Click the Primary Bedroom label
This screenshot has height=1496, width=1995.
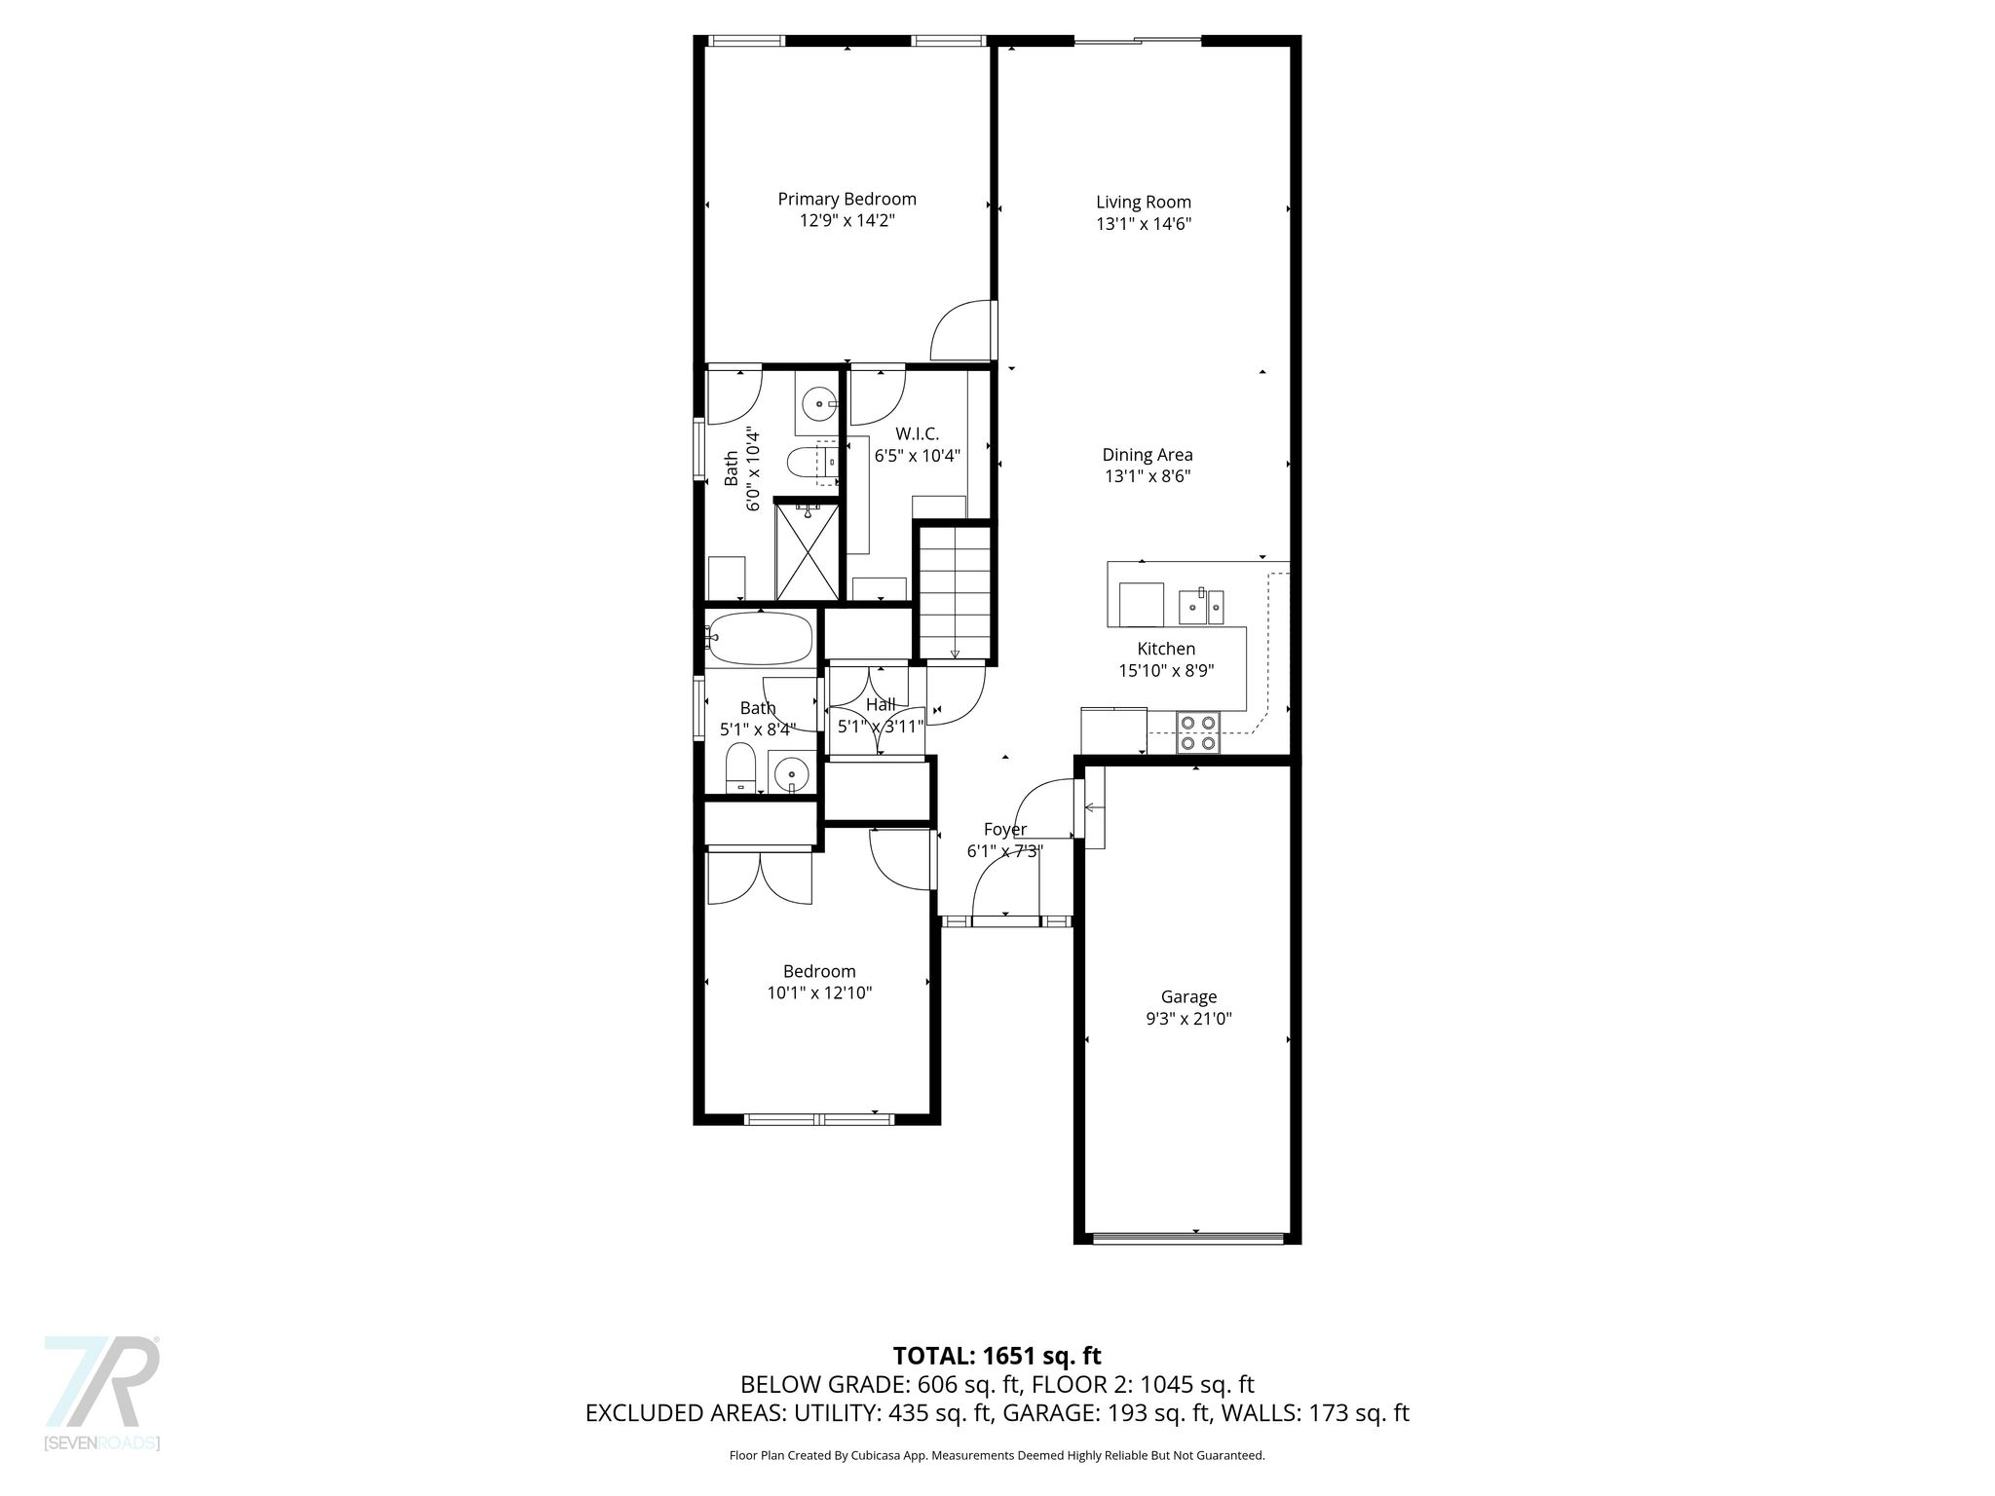point(847,199)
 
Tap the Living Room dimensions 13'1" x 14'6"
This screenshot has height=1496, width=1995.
point(1144,223)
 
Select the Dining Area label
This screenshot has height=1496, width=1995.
point(1148,455)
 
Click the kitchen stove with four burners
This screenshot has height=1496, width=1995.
point(1198,732)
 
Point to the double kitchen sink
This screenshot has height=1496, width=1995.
point(1201,607)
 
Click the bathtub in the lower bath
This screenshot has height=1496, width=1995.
point(758,637)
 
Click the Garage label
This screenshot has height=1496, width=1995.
point(1188,997)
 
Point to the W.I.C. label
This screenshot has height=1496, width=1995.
point(917,433)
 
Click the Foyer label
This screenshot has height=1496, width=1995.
point(1005,830)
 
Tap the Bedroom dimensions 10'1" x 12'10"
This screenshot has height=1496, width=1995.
point(819,993)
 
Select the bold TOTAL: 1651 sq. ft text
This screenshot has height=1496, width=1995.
point(997,1356)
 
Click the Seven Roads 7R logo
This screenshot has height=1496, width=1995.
point(101,1382)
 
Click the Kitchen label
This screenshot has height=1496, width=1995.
point(1166,649)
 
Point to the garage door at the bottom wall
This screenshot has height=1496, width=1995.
point(1187,1238)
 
